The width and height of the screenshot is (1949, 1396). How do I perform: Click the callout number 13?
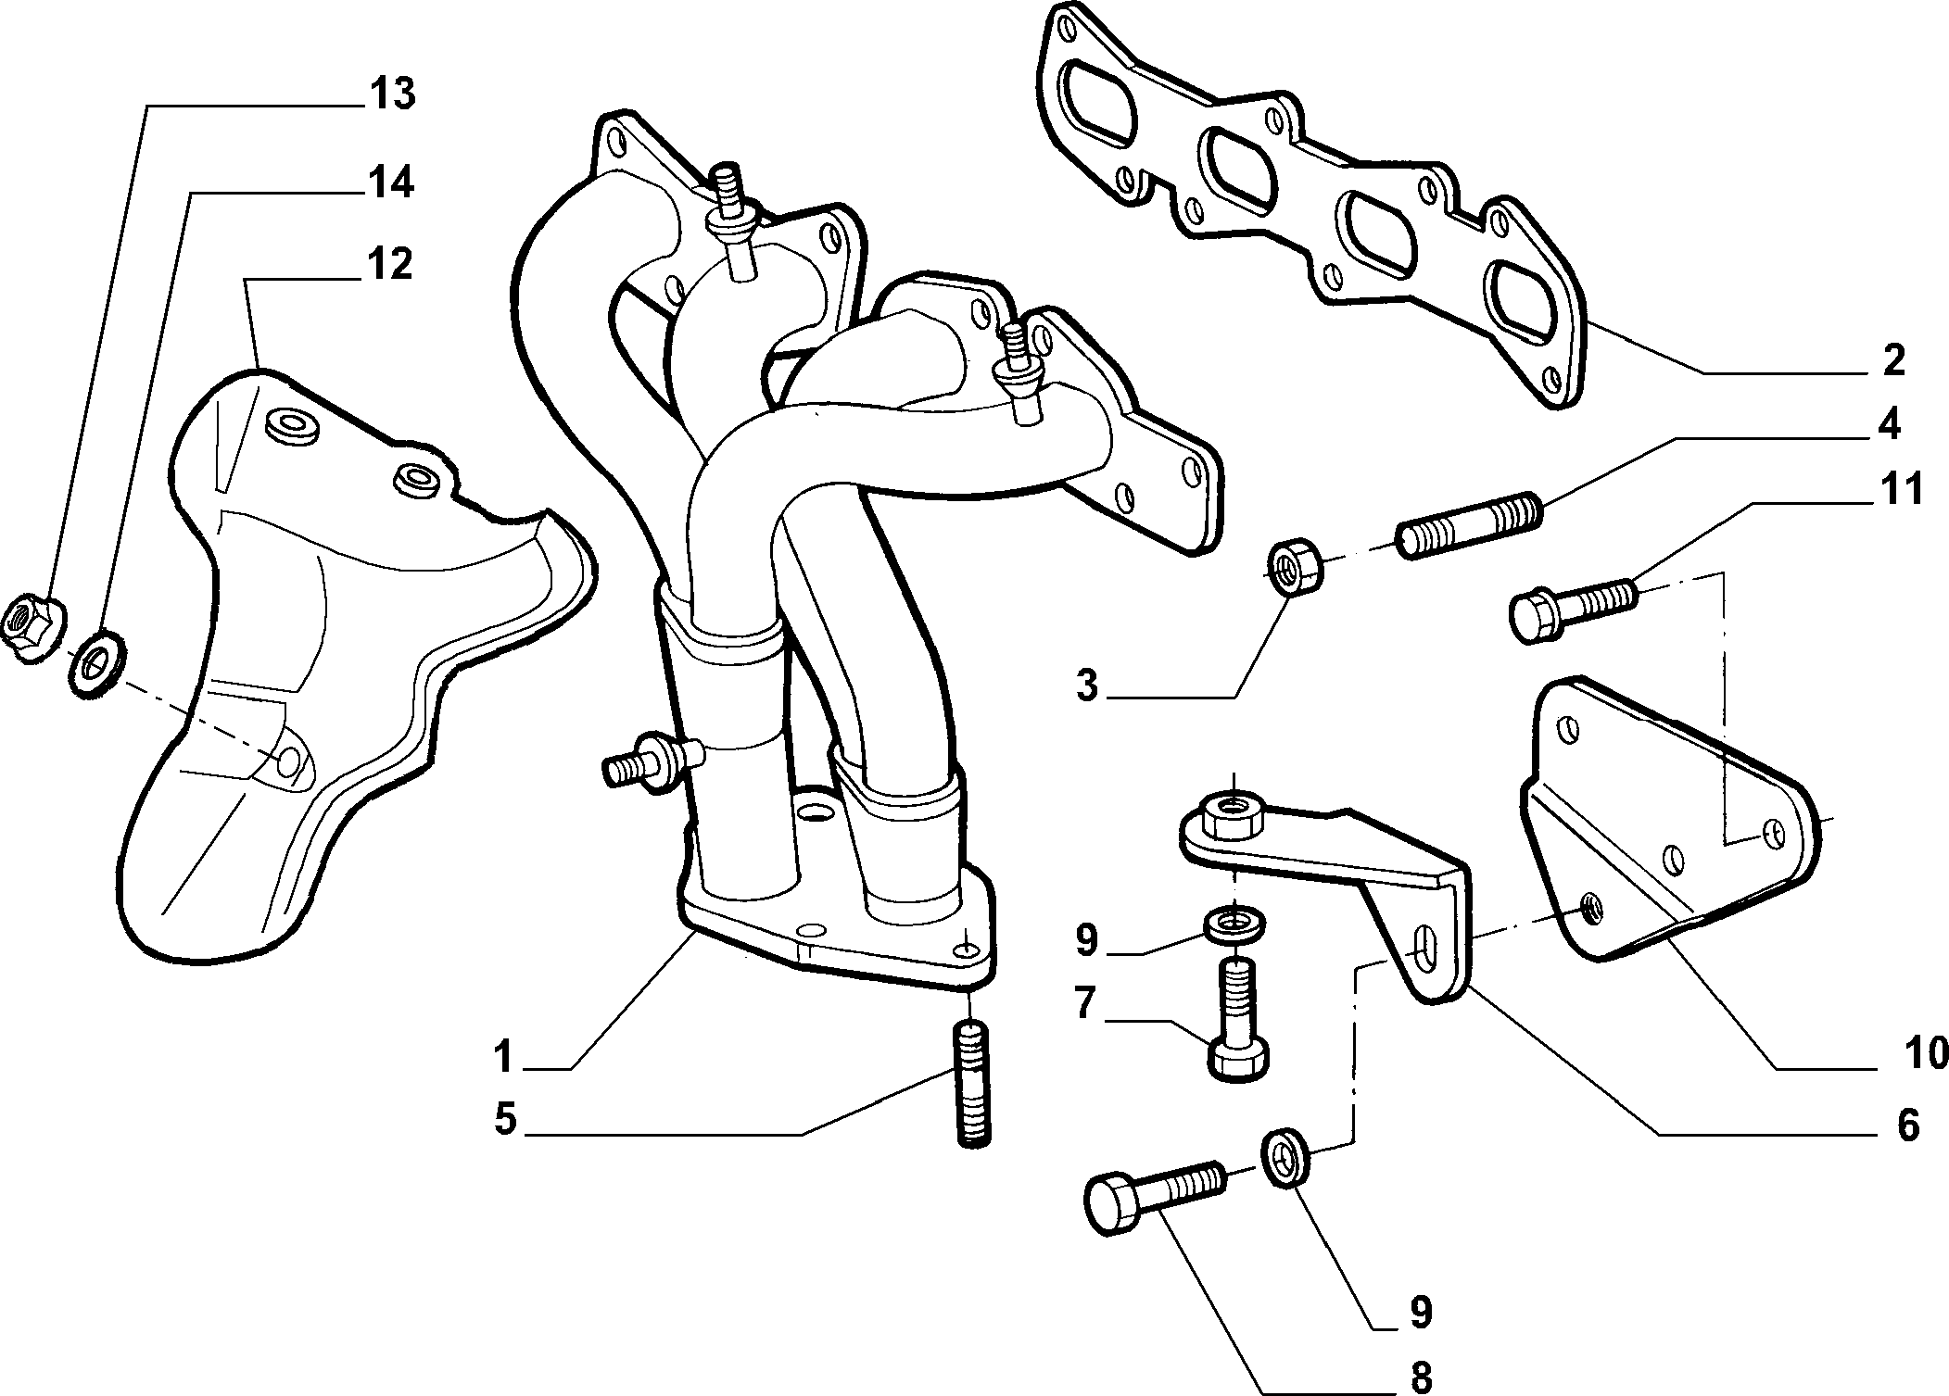pyautogui.click(x=392, y=95)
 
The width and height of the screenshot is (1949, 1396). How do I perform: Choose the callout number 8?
pyautogui.click(x=1419, y=1377)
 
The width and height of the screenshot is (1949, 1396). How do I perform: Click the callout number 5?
pyautogui.click(x=505, y=1119)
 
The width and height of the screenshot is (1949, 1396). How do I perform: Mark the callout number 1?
pyautogui.click(x=503, y=1056)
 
